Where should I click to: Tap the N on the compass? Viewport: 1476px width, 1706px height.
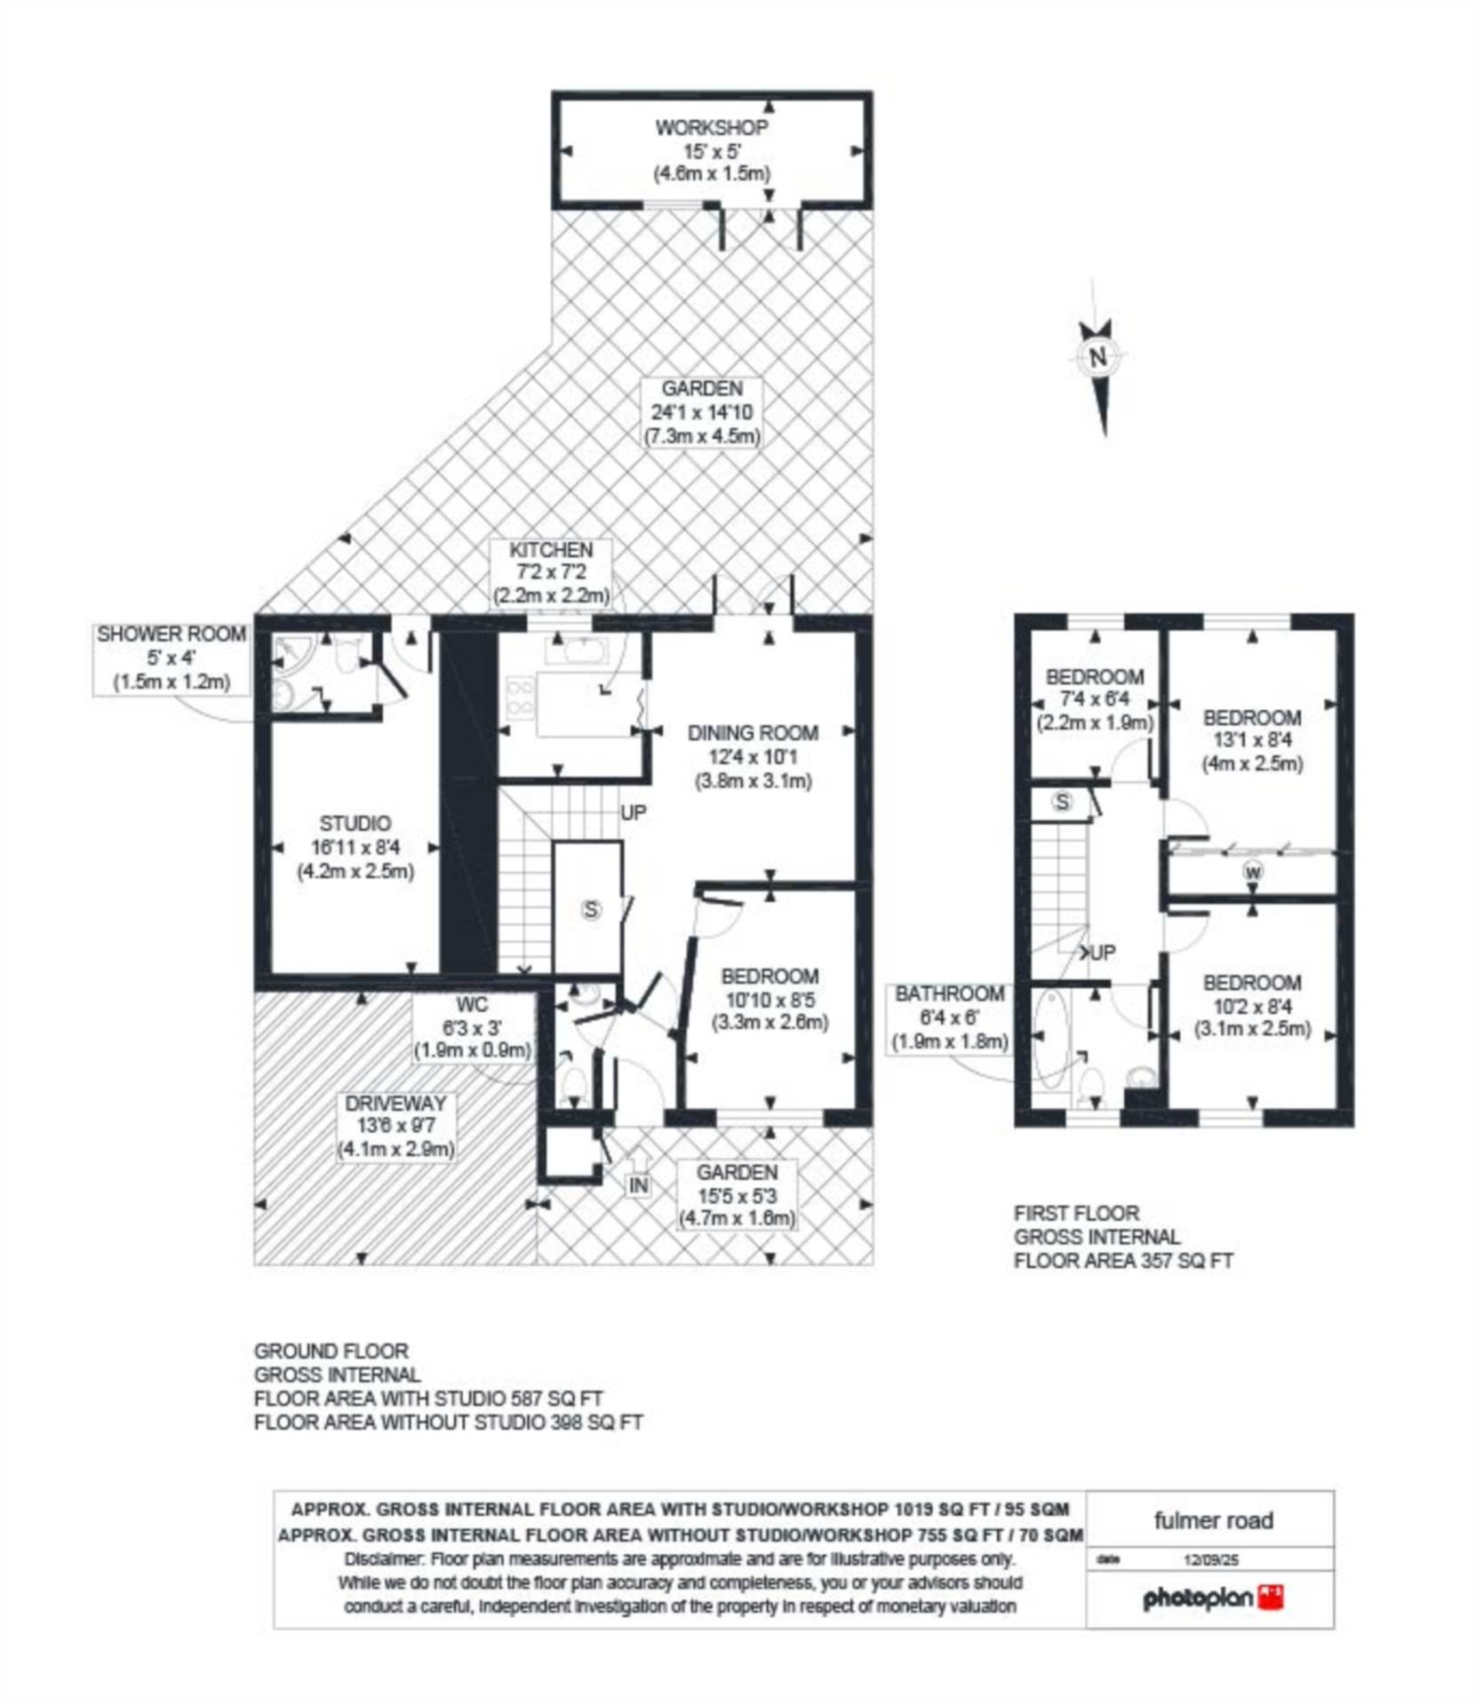(1098, 358)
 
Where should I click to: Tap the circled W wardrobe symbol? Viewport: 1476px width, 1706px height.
(1253, 873)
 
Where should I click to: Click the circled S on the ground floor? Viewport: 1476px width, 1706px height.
(591, 909)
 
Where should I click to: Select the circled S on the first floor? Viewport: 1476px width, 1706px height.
(1062, 802)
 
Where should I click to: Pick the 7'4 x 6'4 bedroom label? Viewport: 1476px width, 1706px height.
(1095, 700)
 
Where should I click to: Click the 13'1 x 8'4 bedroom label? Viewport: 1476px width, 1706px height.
(1253, 740)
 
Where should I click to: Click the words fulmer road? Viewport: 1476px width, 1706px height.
(1214, 1520)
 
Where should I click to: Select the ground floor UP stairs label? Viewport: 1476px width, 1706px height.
(634, 813)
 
